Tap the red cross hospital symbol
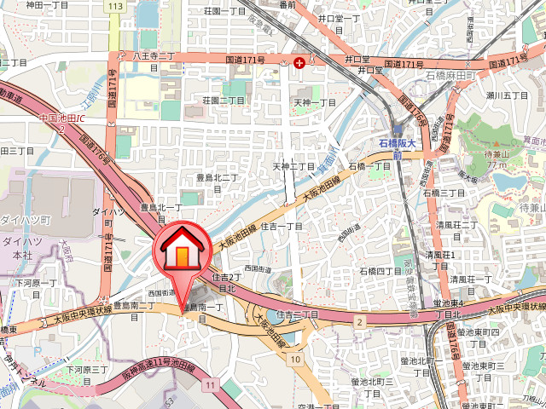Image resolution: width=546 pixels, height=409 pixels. [299, 62]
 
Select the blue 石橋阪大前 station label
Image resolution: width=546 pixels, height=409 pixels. [398, 150]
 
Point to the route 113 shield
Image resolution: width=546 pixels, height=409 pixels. [116, 6]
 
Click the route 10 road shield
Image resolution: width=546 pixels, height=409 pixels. [295, 359]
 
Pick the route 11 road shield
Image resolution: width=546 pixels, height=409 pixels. [208, 386]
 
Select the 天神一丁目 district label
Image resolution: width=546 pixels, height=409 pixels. [315, 102]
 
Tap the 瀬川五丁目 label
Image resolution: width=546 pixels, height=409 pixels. [509, 95]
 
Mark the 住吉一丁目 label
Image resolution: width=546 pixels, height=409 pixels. [282, 226]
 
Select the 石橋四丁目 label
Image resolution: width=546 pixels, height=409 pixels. [380, 271]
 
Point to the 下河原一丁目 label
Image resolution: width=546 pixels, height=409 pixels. [36, 282]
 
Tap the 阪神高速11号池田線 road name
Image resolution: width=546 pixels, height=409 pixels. [158, 370]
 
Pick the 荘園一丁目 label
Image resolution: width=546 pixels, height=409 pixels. [225, 12]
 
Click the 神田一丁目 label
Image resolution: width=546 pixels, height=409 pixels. [47, 5]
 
